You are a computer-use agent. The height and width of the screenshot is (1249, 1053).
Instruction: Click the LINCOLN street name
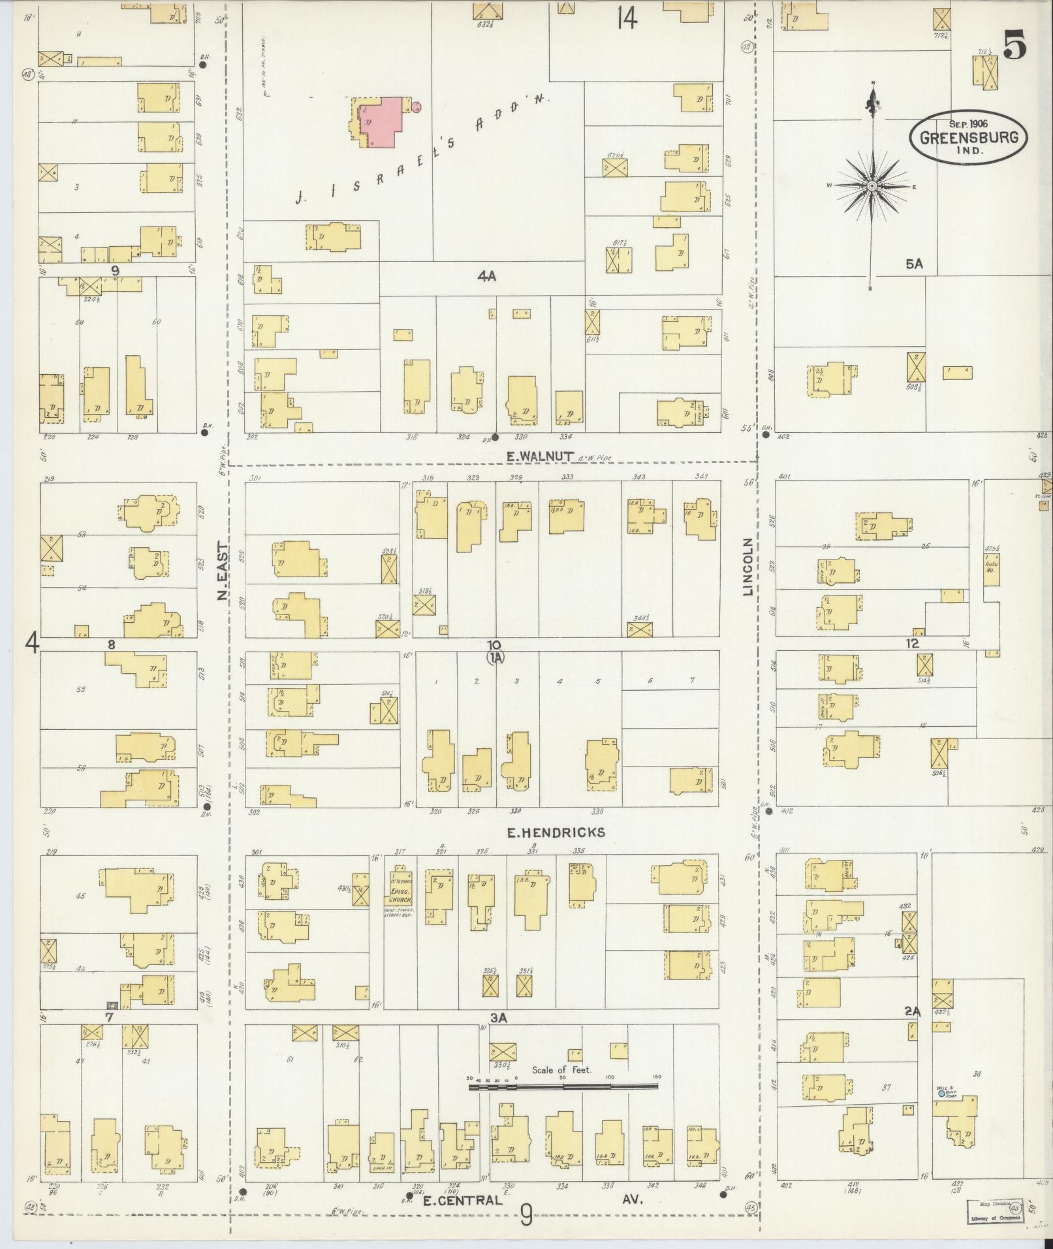pyautogui.click(x=748, y=566)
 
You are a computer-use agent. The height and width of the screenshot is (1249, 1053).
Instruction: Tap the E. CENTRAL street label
pyautogui.click(x=462, y=1199)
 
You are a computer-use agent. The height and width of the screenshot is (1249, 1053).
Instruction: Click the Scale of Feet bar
pyautogui.click(x=563, y=1086)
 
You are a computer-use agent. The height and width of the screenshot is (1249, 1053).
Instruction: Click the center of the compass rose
pyautogui.click(x=872, y=186)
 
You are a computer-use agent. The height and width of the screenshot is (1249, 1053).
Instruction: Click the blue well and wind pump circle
pyautogui.click(x=941, y=1093)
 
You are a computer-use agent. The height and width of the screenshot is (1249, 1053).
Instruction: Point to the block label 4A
pyautogui.click(x=486, y=276)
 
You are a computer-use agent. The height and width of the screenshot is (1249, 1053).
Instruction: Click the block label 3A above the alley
pyautogui.click(x=499, y=1017)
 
